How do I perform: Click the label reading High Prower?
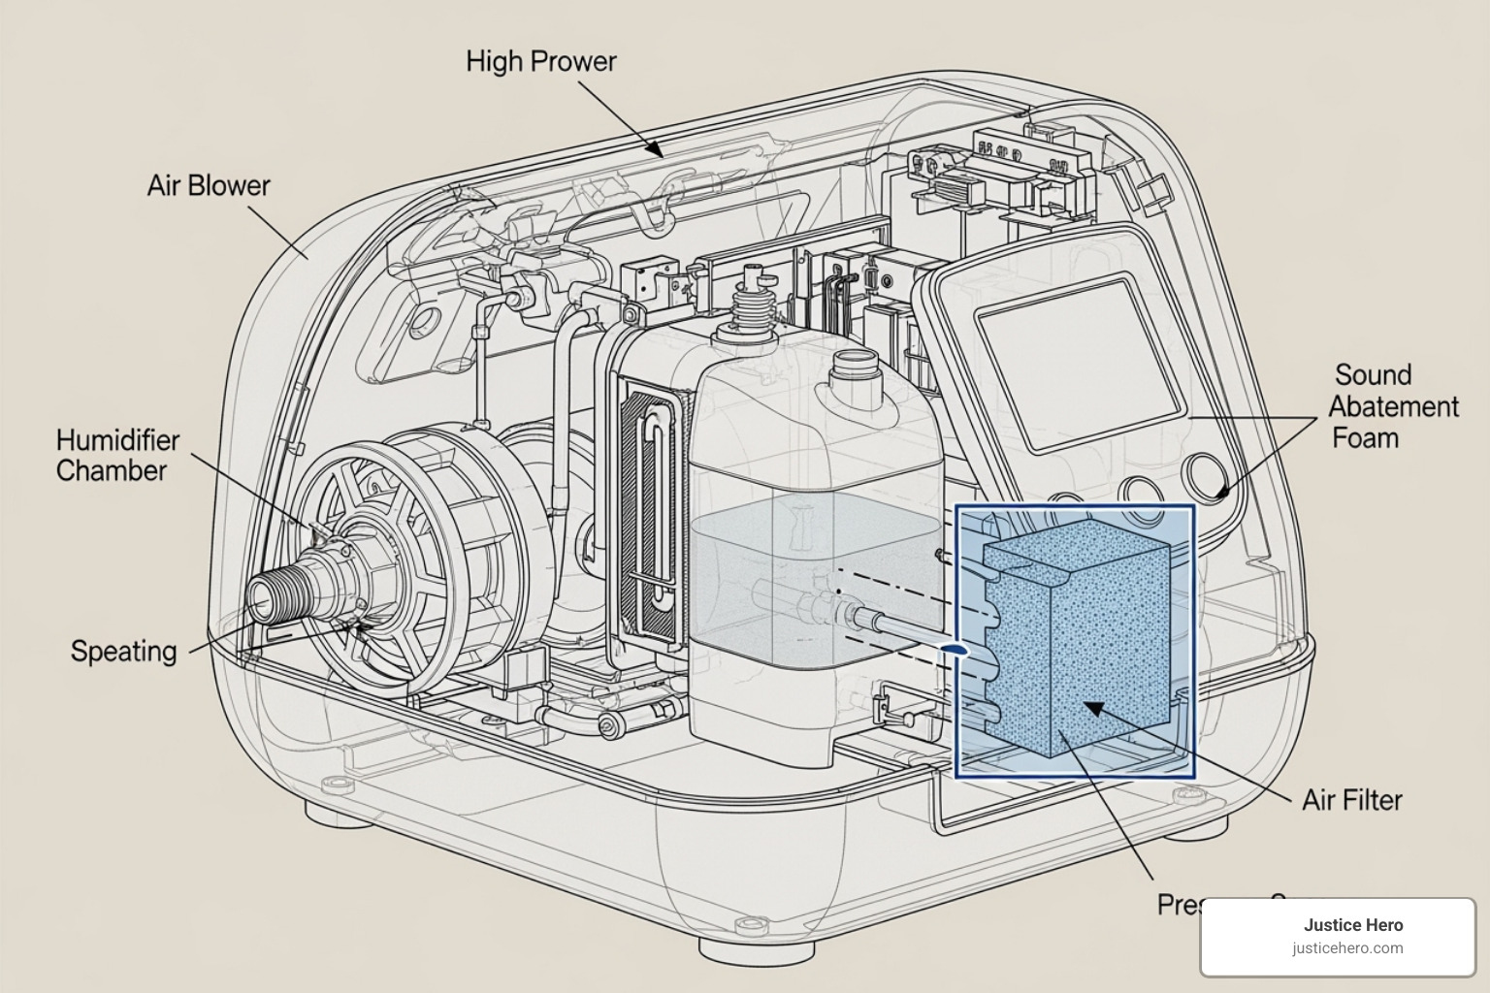[540, 61]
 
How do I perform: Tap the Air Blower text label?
[208, 185]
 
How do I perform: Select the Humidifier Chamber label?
[117, 455]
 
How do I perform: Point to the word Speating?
[123, 651]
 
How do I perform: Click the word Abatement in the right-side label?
[1394, 406]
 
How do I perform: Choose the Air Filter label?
[1351, 800]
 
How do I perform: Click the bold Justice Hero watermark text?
[1352, 925]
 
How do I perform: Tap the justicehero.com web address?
[1347, 948]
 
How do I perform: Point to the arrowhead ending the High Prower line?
[656, 149]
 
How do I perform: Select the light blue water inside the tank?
[815, 582]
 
